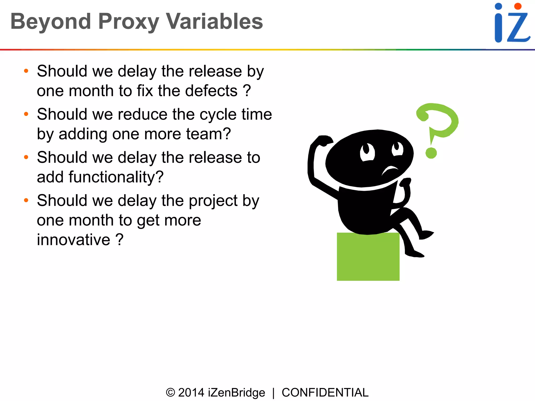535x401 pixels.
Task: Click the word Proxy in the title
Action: pyautogui.click(x=129, y=21)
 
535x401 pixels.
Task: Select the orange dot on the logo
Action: pyautogui.click(x=517, y=6)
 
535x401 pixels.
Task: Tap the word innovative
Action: pyautogui.click(x=74, y=240)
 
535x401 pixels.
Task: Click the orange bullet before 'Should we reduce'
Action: pyautogui.click(x=26, y=114)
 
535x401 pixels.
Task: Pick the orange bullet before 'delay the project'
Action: pyautogui.click(x=26, y=200)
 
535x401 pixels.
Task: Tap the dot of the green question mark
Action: pyautogui.click(x=431, y=153)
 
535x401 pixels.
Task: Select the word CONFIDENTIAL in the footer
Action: pyautogui.click(x=325, y=393)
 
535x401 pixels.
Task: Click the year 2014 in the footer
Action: pyautogui.click(x=191, y=393)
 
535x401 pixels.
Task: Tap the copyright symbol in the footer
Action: pyautogui.click(x=170, y=393)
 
